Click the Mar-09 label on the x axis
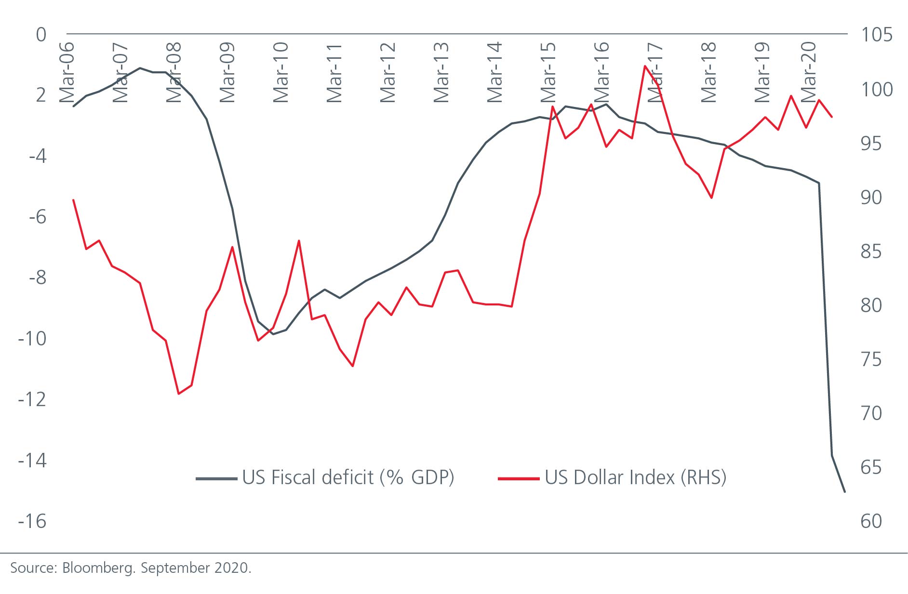click(227, 73)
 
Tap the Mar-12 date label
click(387, 73)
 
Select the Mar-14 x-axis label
click(494, 73)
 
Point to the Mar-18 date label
click(708, 73)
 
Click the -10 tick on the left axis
click(32, 339)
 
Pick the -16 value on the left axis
click(32, 521)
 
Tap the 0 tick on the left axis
click(41, 35)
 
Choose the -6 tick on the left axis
click(38, 217)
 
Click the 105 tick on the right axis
click(876, 35)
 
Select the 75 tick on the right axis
click(871, 359)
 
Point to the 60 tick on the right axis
click(871, 521)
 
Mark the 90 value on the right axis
click(871, 198)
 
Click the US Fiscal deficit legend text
click(348, 477)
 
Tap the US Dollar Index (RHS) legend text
click(635, 477)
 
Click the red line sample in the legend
click(519, 478)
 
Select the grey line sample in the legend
click(216, 478)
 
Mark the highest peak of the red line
click(645, 66)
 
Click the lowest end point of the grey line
click(844, 491)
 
